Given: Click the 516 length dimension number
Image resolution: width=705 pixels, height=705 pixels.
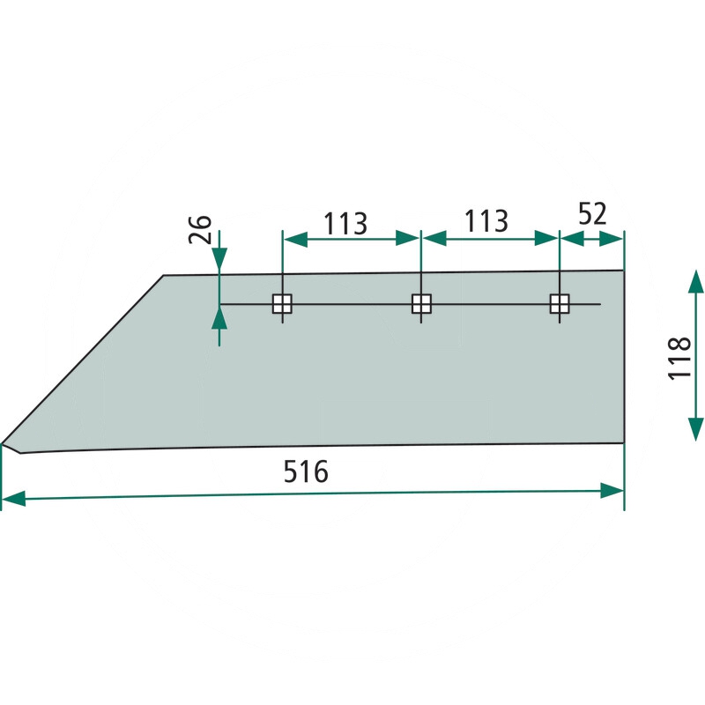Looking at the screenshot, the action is tap(306, 471).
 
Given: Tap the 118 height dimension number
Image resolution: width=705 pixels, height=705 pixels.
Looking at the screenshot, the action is tap(679, 359).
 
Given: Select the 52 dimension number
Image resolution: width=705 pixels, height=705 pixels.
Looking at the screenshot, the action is tap(592, 213).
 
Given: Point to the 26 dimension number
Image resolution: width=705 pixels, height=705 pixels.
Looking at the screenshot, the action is tap(200, 229).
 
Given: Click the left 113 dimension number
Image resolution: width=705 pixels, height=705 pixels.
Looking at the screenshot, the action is tap(345, 224).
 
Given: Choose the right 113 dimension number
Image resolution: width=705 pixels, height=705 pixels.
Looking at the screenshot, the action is tap(486, 221).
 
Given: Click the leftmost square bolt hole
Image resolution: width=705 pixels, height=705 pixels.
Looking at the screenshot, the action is tap(282, 304).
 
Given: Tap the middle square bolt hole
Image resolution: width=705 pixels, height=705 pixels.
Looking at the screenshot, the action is tap(421, 304).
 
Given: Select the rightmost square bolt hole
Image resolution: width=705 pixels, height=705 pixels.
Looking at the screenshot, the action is tap(560, 304).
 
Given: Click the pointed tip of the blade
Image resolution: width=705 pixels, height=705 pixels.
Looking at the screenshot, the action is tap(2, 444).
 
